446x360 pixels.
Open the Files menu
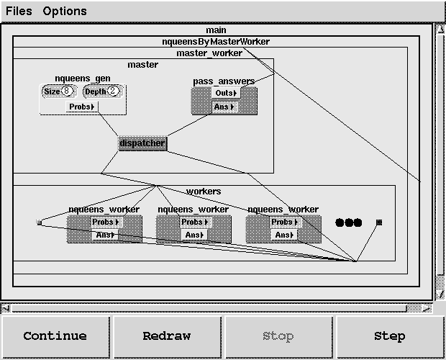click(x=19, y=12)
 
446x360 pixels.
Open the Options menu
click(x=65, y=12)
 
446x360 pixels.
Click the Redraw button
click(x=166, y=336)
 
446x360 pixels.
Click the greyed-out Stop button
click(x=278, y=336)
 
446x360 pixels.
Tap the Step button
click(x=389, y=336)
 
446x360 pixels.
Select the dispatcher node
click(x=142, y=143)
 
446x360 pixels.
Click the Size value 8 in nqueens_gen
click(x=68, y=91)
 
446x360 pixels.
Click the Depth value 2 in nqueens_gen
click(x=111, y=91)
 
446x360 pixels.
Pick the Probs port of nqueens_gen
click(x=82, y=107)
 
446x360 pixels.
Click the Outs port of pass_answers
click(x=225, y=93)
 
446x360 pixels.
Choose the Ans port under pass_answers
click(x=225, y=107)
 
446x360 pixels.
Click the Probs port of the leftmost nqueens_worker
click(x=105, y=222)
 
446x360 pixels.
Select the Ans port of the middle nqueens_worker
click(x=194, y=235)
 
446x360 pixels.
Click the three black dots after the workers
click(x=349, y=222)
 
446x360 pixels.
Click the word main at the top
click(x=216, y=30)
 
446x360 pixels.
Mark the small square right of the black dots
click(x=379, y=222)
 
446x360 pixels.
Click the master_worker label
click(x=209, y=53)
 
